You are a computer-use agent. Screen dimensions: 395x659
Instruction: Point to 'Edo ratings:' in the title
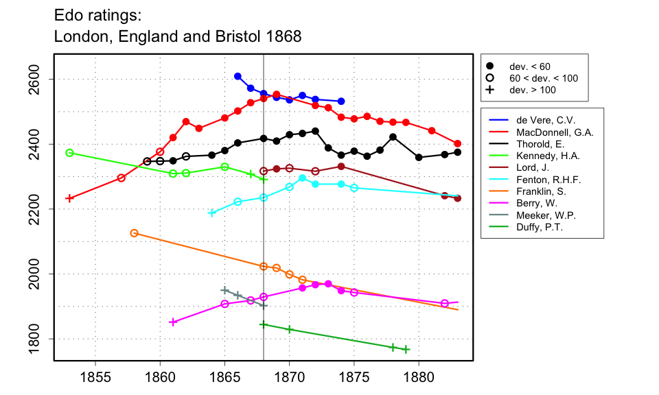(x=97, y=14)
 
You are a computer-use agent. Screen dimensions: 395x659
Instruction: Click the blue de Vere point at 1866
(x=238, y=76)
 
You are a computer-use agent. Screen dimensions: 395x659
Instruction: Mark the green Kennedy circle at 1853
(x=69, y=153)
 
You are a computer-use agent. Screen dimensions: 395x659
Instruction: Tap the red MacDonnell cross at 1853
(x=69, y=198)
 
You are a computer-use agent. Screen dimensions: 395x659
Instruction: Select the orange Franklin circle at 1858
(x=134, y=233)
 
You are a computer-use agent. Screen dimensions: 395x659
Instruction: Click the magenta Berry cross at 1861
(x=173, y=322)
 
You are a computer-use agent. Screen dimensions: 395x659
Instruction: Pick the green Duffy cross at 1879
(x=406, y=350)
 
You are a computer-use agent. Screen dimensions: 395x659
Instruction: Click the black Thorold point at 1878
(x=393, y=136)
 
